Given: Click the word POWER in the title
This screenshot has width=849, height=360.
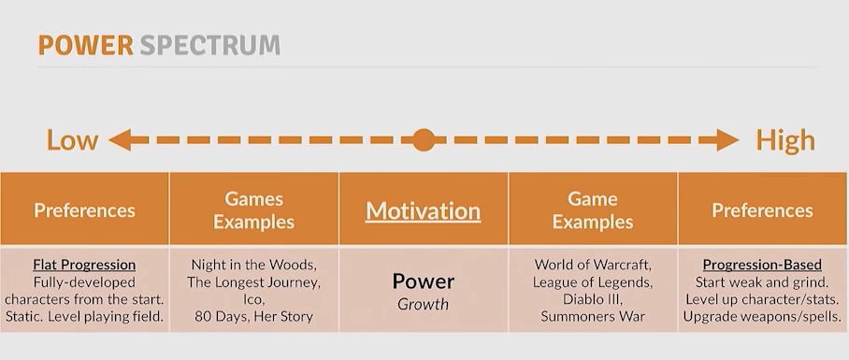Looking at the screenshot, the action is tap(85, 46).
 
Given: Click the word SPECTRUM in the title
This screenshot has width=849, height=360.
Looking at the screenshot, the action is tap(210, 46).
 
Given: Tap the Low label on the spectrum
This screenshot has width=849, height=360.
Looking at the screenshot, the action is tap(73, 140).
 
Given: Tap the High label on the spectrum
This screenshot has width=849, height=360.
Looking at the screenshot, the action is tap(785, 140).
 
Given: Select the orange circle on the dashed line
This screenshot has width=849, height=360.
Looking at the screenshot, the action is tap(424, 140).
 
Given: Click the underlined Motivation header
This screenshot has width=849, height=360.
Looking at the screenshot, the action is tap(424, 210).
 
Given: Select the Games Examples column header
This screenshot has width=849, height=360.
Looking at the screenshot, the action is tap(254, 210).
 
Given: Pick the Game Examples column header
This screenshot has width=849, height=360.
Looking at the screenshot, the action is tap(593, 210).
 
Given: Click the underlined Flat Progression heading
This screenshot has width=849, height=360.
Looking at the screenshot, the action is tap(84, 265).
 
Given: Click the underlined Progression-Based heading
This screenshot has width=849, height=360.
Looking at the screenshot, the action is tap(762, 265).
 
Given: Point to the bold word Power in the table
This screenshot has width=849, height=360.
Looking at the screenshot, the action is tap(424, 281).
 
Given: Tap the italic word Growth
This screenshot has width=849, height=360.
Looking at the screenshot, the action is tap(424, 304).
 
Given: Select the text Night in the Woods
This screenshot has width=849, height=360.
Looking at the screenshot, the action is tap(252, 265).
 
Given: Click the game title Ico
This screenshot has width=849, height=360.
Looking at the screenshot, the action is tap(252, 299).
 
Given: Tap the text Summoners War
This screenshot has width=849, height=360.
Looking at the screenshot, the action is tap(593, 317).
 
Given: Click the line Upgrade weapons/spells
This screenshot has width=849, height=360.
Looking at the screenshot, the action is tap(762, 317).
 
